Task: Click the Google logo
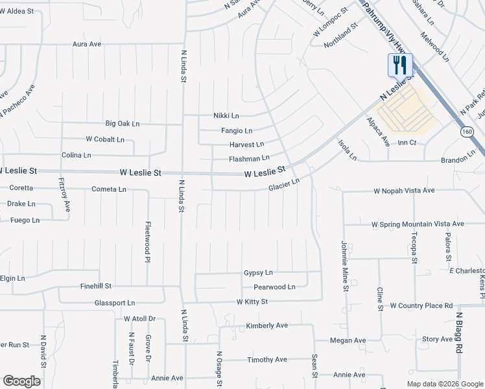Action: (x=21, y=381)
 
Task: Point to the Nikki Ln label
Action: (x=226, y=115)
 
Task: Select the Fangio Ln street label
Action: (x=236, y=130)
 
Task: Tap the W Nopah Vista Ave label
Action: (x=403, y=191)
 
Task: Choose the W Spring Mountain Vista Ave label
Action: (x=418, y=224)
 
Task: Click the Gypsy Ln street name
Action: (x=258, y=273)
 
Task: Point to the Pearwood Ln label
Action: (x=274, y=287)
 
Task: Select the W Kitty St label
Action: (x=252, y=301)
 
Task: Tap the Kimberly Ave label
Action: (x=266, y=325)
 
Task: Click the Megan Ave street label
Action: (x=348, y=340)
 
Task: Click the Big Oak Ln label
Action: (x=123, y=123)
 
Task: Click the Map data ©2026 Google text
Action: (x=445, y=384)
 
